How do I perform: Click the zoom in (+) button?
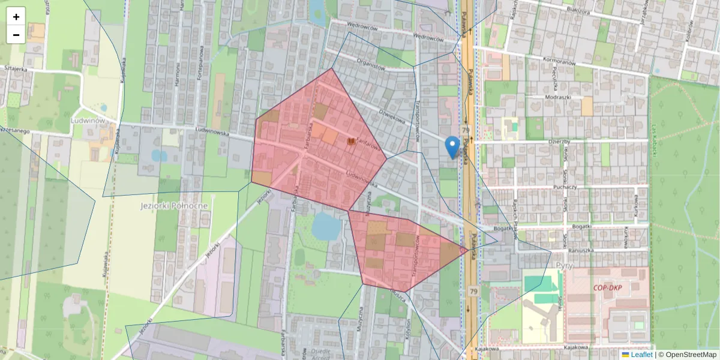(16, 17)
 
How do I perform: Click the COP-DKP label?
(607, 287)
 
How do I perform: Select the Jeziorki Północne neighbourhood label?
(173, 205)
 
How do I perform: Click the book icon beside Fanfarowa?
(352, 142)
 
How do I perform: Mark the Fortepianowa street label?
(196, 66)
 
